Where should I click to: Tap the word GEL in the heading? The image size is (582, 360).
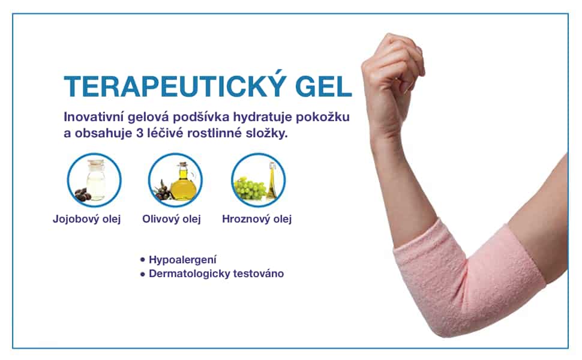point(323,86)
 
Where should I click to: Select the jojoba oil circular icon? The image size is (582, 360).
point(94,180)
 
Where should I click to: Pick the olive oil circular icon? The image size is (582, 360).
point(175,180)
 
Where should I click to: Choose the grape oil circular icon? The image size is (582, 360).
point(259,180)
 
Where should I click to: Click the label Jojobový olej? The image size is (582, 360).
point(87,219)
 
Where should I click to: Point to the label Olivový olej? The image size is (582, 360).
point(172,219)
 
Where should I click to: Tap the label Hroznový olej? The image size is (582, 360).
point(257,219)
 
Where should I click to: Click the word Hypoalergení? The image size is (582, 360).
point(182,260)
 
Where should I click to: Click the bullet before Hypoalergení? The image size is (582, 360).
point(143,260)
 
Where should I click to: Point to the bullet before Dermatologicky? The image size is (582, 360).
point(143,274)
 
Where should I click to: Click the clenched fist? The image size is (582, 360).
point(394,67)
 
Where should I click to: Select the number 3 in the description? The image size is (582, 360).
point(140,134)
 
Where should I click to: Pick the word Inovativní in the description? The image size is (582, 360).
point(94,117)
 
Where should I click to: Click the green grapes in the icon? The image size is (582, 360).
point(250,187)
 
